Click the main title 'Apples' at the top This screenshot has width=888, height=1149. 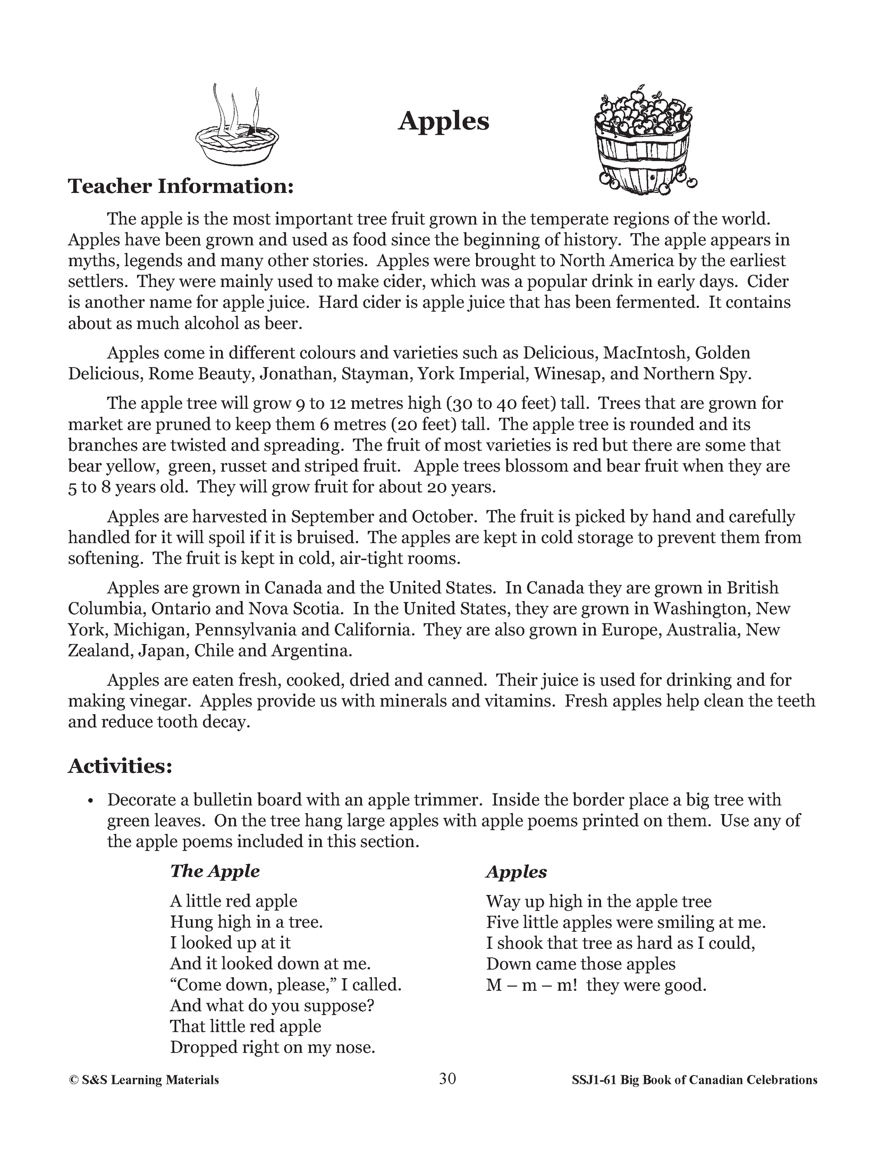pyautogui.click(x=444, y=121)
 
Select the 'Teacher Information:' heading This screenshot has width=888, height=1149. pyautogui.click(x=180, y=186)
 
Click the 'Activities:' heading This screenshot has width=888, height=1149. pyautogui.click(x=120, y=766)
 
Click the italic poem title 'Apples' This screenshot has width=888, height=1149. pyautogui.click(x=516, y=872)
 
